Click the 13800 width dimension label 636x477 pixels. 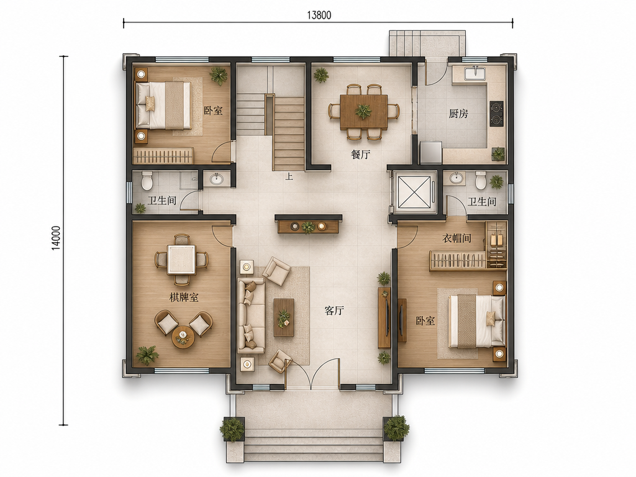point(319,16)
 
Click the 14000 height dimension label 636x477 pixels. point(56,238)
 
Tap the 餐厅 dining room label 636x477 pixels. point(361,155)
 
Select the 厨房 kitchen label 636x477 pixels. point(458,114)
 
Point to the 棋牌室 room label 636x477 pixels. point(184,298)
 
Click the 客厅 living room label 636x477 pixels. point(334,311)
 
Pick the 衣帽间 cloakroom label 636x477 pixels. point(457,238)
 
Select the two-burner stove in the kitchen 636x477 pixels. point(496,114)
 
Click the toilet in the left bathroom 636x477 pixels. point(147,181)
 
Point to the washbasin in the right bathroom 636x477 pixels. point(457,178)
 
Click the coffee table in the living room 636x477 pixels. point(284,317)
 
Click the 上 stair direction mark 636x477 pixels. point(289,176)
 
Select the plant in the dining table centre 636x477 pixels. point(363,111)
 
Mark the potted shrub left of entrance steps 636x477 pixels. point(232,429)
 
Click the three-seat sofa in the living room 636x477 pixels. point(252,315)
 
